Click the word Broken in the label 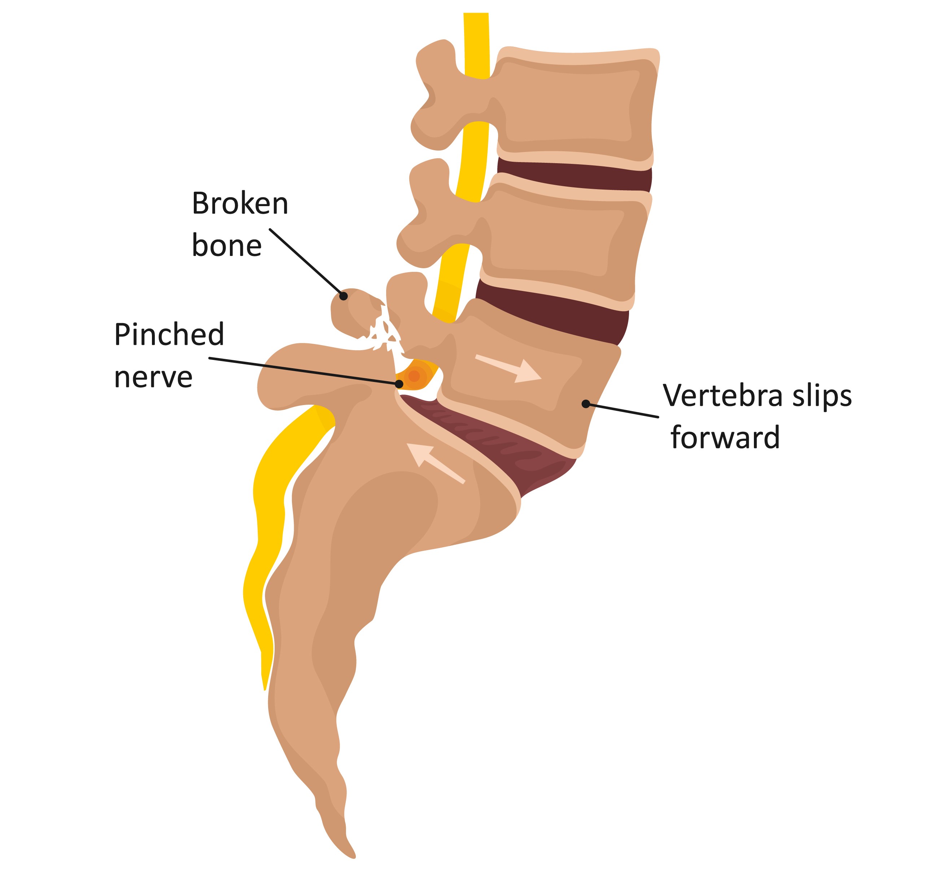240,204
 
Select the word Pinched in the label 169,335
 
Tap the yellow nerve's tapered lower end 264,683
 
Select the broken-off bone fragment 353,311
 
